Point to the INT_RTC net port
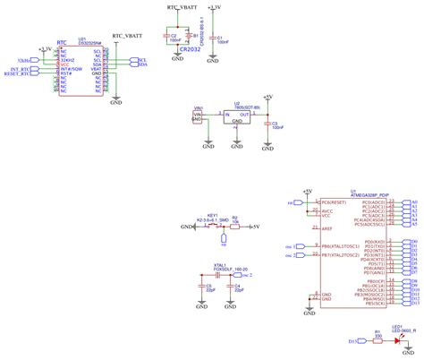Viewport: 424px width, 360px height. click(x=21, y=69)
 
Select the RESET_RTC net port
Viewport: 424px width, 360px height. click(x=21, y=74)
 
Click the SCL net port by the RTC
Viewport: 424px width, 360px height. click(x=141, y=59)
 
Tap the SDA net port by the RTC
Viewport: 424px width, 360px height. click(x=141, y=64)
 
